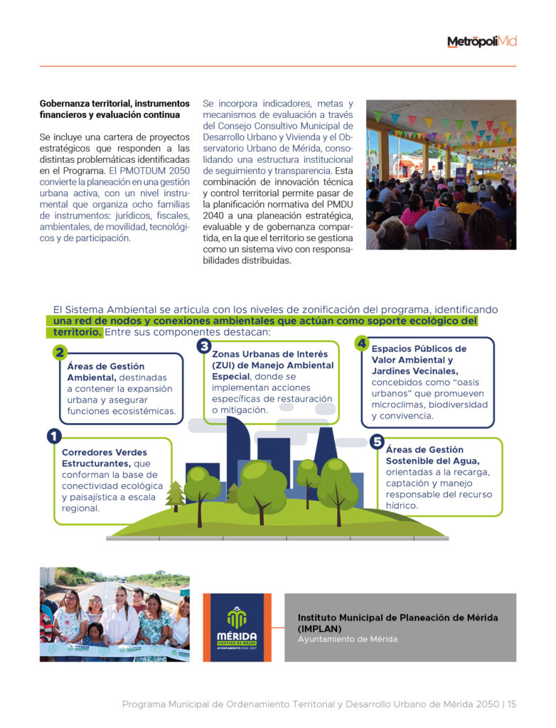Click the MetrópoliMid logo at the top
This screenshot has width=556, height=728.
481,42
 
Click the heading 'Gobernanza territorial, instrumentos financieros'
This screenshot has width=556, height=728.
114,109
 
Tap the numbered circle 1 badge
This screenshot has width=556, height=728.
54,436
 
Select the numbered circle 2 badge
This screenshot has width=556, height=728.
60,353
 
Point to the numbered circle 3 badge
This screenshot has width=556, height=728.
204,346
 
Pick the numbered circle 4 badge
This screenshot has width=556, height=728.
362,343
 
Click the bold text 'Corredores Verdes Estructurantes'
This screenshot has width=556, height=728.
105,458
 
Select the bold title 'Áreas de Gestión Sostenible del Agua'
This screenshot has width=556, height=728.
424,455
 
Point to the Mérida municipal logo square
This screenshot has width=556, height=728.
237,627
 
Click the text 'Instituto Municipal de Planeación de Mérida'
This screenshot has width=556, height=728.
397,618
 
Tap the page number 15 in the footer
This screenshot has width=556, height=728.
511,705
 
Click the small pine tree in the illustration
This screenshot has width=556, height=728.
175,496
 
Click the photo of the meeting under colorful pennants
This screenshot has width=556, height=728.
441,174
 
